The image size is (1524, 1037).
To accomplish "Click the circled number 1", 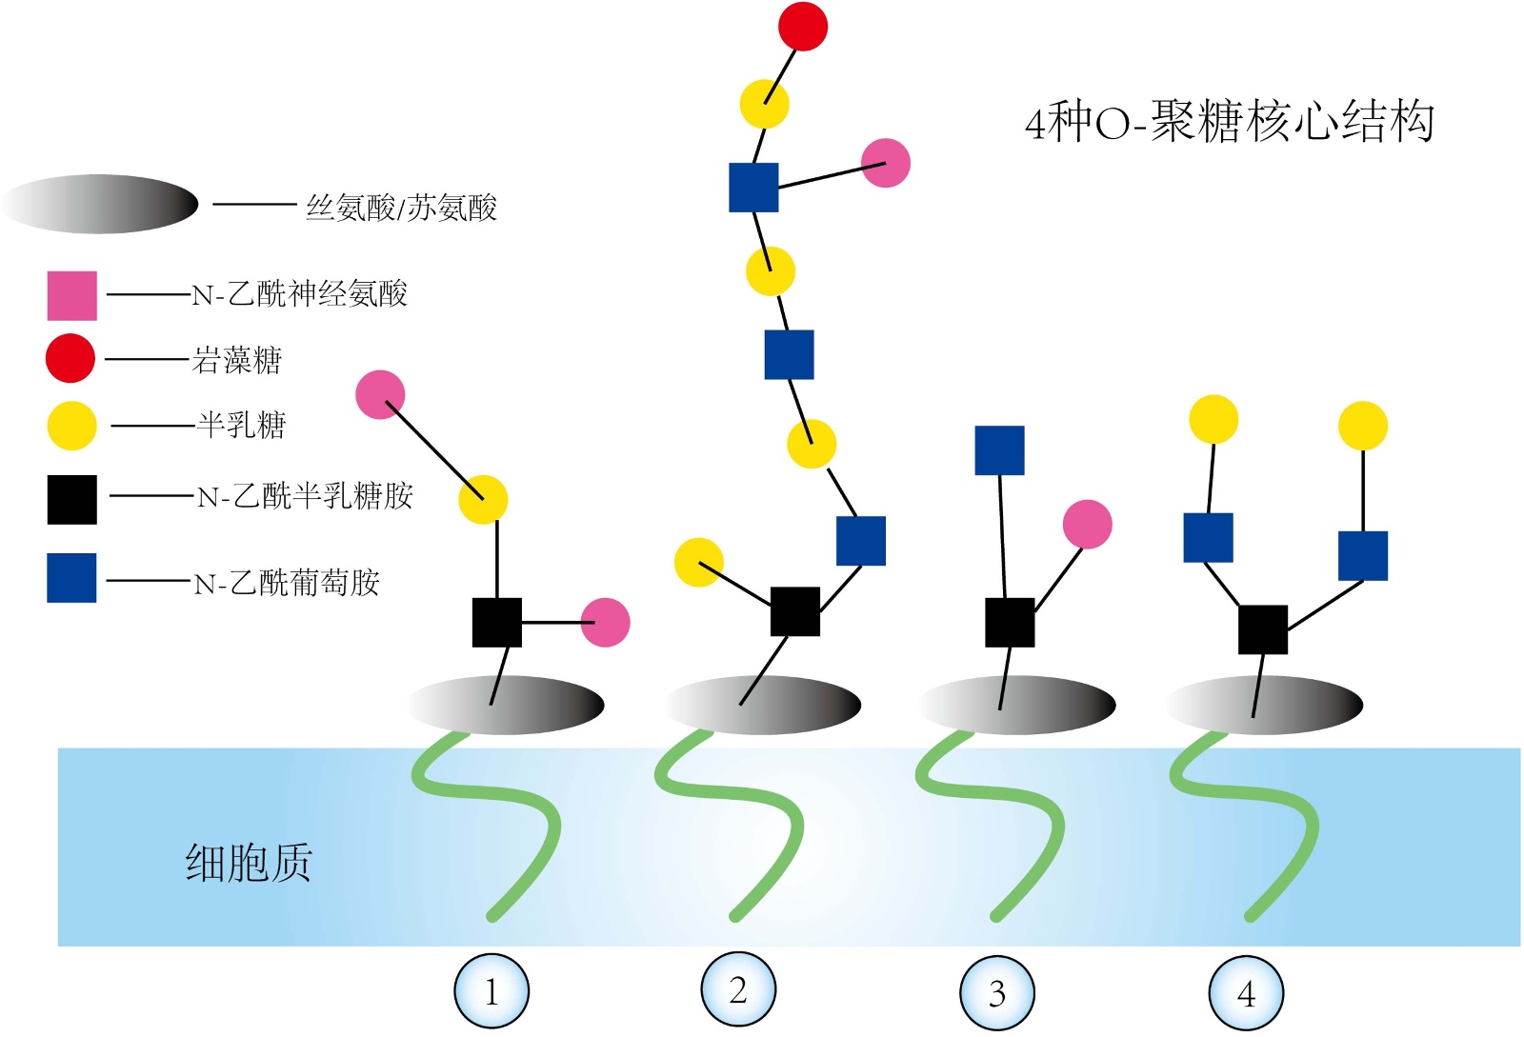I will pos(491,992).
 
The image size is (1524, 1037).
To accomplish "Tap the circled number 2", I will pos(738,990).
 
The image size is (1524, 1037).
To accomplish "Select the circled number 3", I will pos(996,993).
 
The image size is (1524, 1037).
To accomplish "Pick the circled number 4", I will pos(1246,993).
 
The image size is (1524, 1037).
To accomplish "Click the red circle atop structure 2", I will pos(803,26).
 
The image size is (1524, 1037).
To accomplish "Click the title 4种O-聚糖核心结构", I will pos(1229,122).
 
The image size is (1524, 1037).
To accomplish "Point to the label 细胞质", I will pos(249,863).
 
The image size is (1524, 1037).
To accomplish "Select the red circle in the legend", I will pos(70,359).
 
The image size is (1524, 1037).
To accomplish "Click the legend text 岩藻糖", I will pos(237,360).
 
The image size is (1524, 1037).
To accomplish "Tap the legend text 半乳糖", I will pos(241,425).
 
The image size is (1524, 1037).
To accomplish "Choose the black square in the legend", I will pos(72,500).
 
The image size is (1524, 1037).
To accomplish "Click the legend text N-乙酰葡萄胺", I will pos(287,582).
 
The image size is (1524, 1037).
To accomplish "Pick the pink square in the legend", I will pos(72,295).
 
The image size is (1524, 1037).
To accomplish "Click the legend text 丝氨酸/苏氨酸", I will pos(401,208).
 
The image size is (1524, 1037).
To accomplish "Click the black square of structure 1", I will pos(497,623).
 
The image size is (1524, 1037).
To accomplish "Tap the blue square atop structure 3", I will pos(999,450).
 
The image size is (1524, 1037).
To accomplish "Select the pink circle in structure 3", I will pos(1087,524).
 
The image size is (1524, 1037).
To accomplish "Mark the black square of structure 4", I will pos(1263,629).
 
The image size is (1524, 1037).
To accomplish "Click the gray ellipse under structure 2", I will pos(763,706).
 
